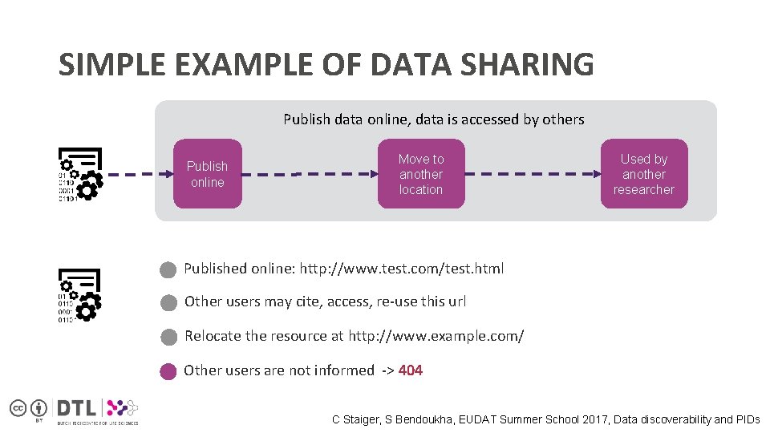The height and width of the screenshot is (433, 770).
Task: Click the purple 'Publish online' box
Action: point(207,174)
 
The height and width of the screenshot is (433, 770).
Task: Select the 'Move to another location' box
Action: point(421,174)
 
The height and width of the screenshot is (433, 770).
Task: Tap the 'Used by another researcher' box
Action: point(644,174)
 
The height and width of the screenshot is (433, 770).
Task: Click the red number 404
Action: point(411,370)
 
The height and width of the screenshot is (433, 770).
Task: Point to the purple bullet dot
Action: point(168,371)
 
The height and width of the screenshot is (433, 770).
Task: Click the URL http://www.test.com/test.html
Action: point(402,269)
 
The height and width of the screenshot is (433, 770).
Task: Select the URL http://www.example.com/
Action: point(436,336)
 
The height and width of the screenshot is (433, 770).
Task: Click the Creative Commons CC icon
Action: point(18,407)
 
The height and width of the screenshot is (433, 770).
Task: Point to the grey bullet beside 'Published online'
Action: point(168,269)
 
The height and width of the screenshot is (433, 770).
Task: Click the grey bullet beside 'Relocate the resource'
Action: point(168,337)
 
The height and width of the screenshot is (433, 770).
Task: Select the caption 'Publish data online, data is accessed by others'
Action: point(433,119)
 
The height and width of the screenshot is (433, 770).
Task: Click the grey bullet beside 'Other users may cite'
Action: point(168,303)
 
